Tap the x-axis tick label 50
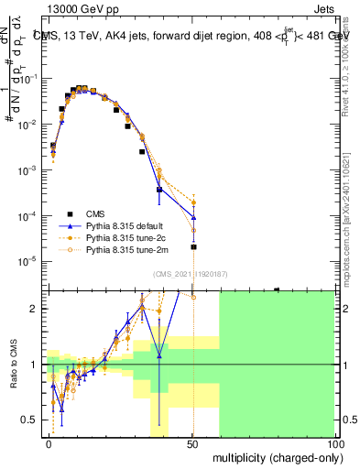(x=192, y=442)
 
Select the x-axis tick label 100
(x=334, y=442)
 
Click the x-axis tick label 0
(x=49, y=442)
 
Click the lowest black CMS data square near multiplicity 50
(x=193, y=247)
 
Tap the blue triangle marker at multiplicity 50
(x=193, y=217)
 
